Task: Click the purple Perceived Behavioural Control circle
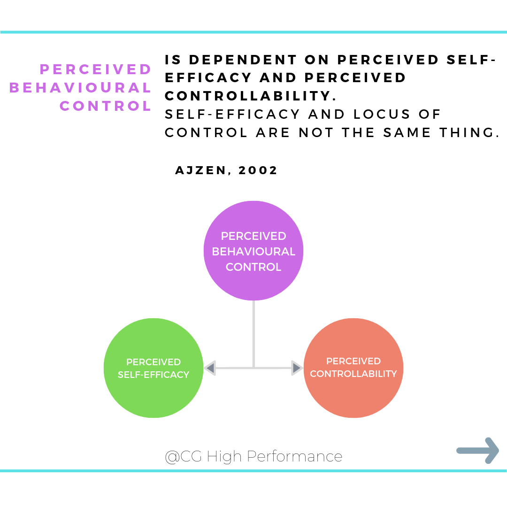(x=253, y=221)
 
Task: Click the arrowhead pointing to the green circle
(x=210, y=368)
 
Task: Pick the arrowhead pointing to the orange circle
(x=297, y=368)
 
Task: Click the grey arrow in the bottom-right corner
(x=478, y=451)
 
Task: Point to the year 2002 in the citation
(x=258, y=170)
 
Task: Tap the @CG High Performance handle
(x=253, y=456)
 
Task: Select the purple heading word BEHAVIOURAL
(x=80, y=88)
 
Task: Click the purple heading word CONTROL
(x=106, y=106)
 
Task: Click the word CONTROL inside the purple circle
(x=253, y=267)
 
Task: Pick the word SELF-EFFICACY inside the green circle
(x=154, y=375)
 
